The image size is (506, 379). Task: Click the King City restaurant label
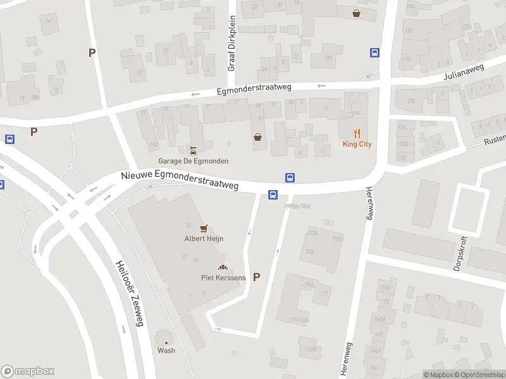coord(357,144)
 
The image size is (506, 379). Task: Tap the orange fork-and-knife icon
coord(357,133)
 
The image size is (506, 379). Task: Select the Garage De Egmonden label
coord(194,161)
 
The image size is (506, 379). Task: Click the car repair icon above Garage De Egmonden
coord(193,150)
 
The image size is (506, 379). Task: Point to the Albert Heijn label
coord(204,239)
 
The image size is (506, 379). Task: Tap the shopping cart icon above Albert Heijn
coord(204,228)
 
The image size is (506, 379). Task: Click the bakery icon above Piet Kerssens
coord(223,267)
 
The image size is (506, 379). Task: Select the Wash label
coord(166,351)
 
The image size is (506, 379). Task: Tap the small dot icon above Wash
coord(166,342)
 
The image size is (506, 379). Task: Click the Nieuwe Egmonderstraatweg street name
coord(180,179)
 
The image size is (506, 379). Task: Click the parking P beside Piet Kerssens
coord(256,277)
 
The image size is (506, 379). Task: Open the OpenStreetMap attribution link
coord(479,375)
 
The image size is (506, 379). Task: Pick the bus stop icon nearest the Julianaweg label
coord(374,53)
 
